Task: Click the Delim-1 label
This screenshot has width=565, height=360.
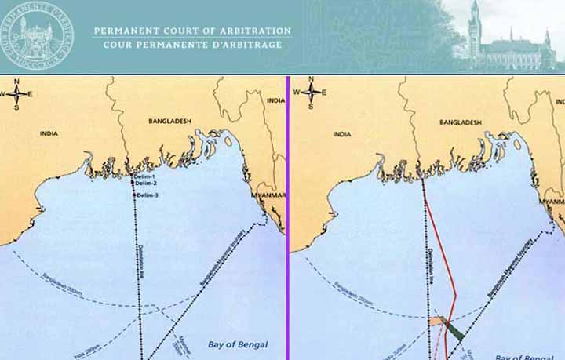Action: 144,177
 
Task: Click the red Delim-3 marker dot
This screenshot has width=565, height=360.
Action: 136,195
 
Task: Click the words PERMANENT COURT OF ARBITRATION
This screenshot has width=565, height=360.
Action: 192,31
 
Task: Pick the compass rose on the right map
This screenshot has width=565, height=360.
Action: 312,93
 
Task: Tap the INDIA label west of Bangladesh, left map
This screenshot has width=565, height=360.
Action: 49,134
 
